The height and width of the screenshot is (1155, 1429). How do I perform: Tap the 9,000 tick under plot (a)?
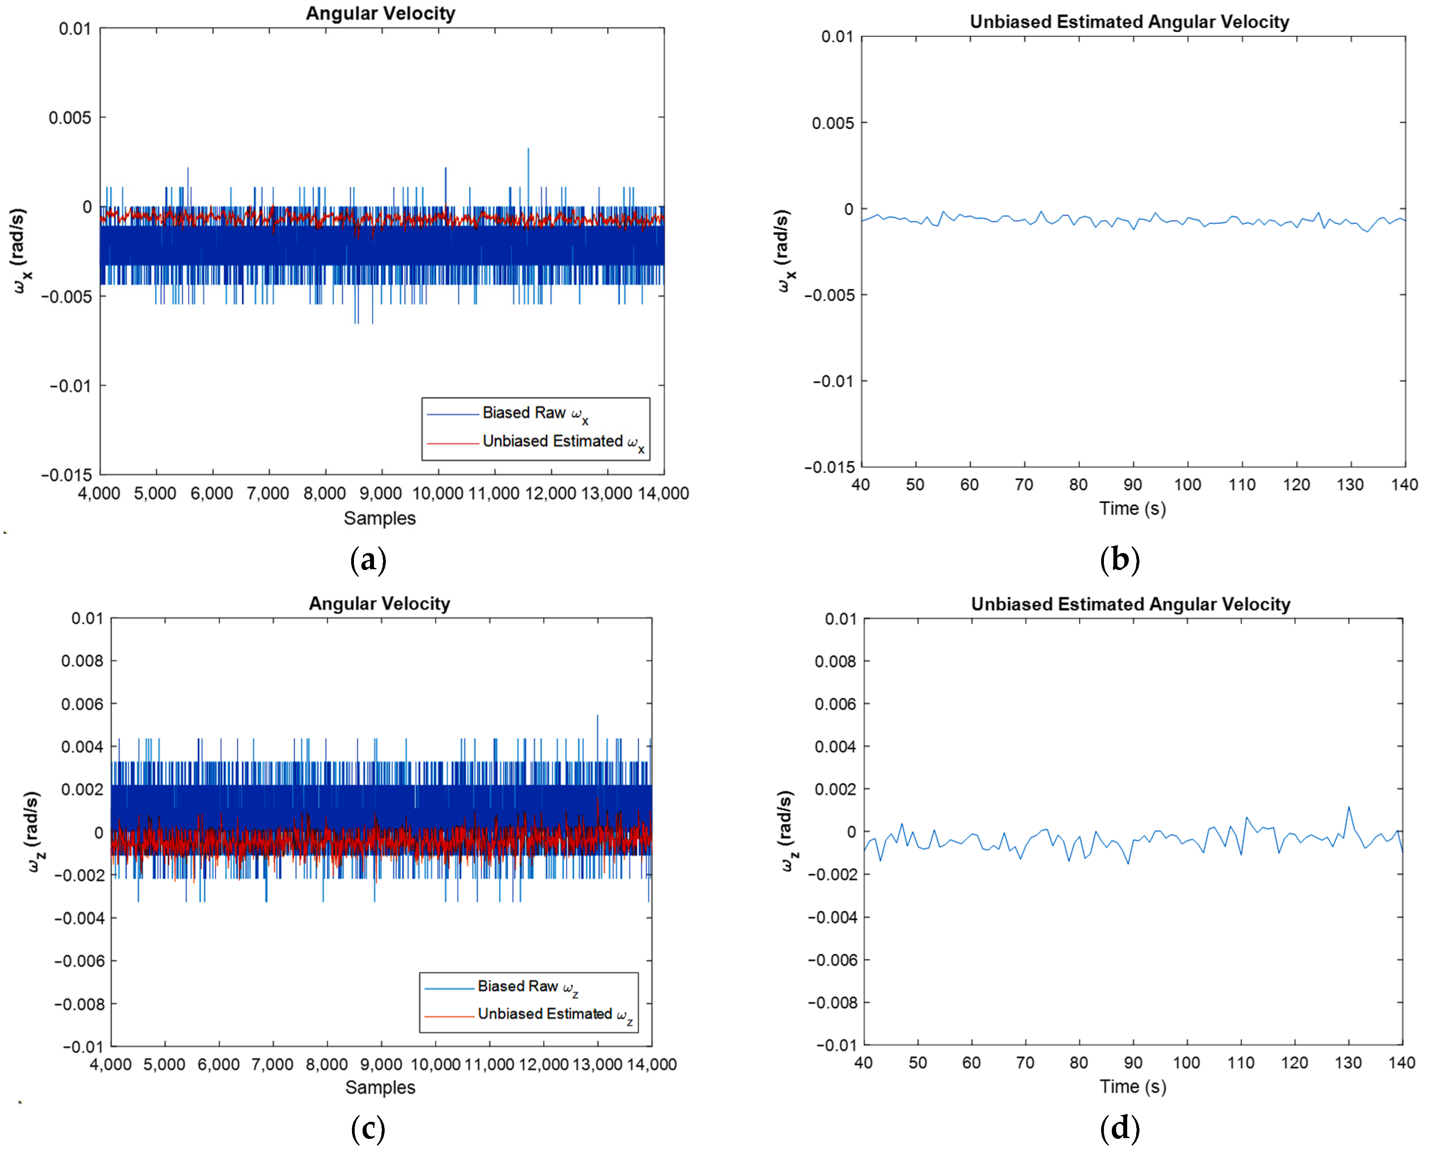381,493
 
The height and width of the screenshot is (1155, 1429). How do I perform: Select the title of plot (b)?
1129,22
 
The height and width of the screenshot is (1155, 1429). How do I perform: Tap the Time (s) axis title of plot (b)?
1132,508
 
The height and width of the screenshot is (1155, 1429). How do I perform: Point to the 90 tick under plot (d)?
1133,1063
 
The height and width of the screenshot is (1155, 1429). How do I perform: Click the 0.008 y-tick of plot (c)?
82,661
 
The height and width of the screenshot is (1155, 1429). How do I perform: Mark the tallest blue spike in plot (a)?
528,150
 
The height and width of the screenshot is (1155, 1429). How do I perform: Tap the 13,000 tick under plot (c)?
597,1065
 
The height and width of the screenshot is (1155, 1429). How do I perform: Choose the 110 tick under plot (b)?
1241,484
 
